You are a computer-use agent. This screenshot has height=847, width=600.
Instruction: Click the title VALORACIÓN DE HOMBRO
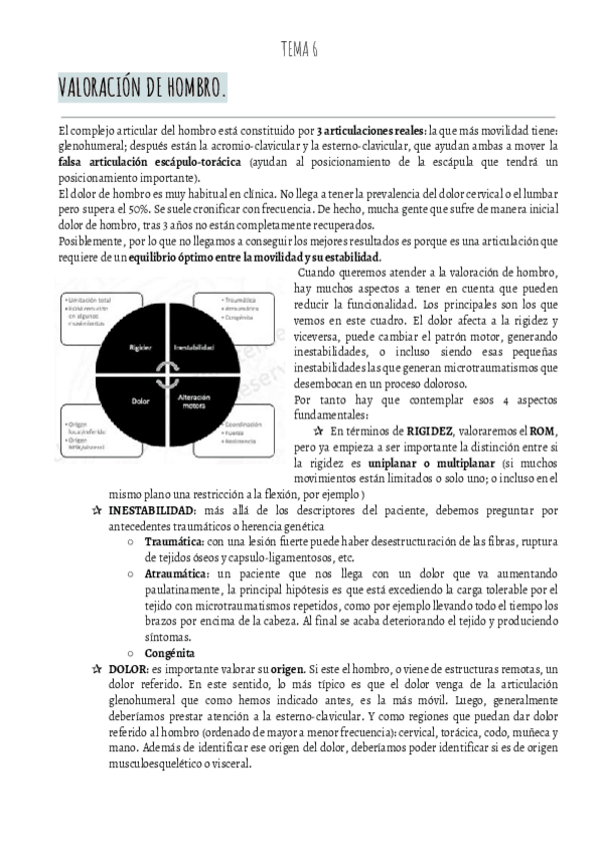tap(142, 91)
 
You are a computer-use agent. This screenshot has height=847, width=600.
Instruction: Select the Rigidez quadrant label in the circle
tap(139, 349)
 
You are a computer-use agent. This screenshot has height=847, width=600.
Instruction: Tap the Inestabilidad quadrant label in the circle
tap(193, 349)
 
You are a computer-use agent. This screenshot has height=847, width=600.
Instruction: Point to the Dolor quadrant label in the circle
tap(139, 401)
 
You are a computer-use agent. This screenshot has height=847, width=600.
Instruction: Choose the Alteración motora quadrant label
tap(193, 401)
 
